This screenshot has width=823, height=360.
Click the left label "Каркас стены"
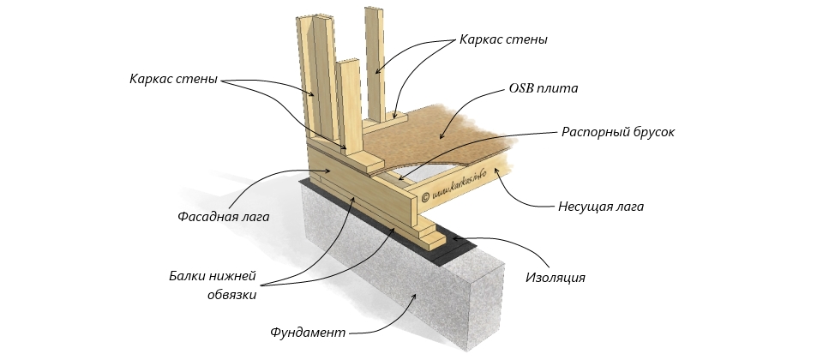173,80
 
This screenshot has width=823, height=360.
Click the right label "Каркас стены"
503,39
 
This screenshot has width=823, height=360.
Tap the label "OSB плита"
544,87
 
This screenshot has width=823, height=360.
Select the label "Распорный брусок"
618,133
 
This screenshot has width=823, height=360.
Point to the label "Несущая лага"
600,206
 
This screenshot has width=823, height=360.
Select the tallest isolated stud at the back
375,60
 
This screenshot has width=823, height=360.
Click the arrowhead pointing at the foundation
418,295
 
